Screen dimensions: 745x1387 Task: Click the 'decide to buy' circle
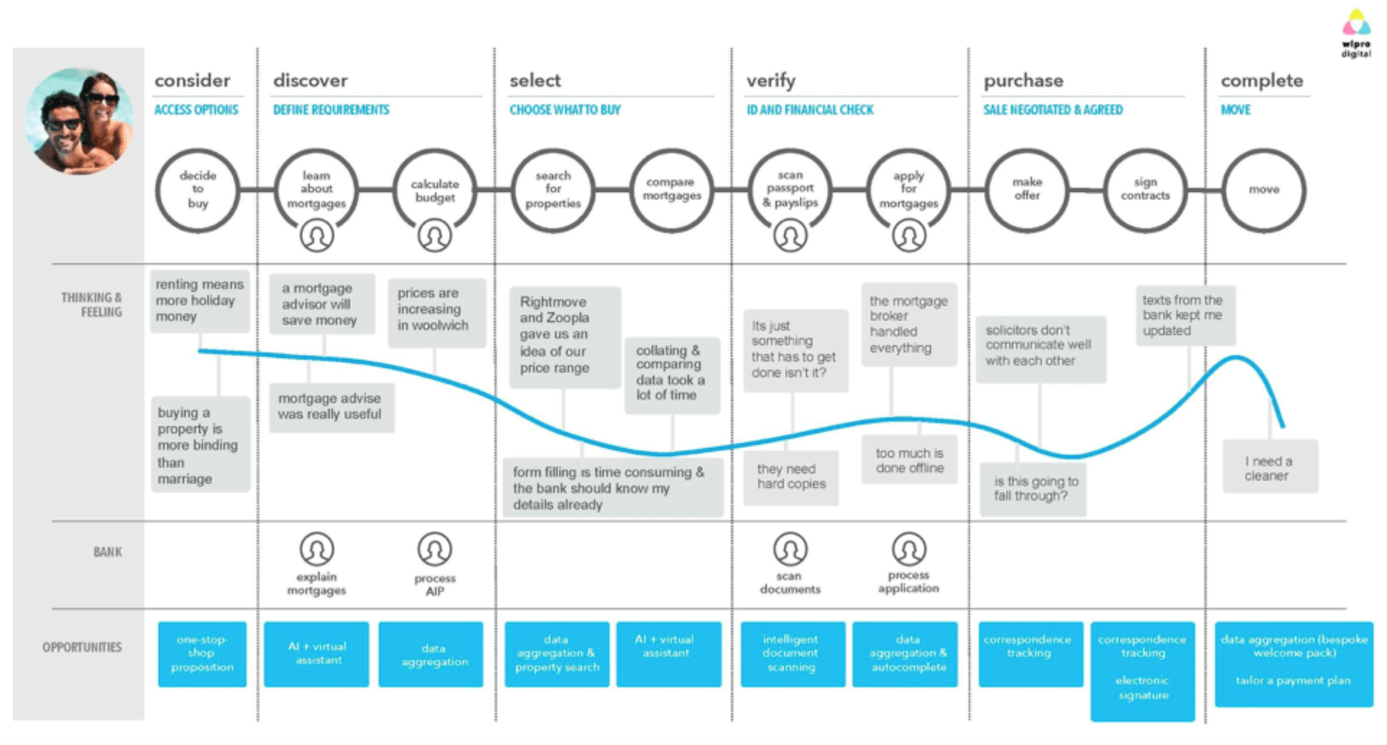197,190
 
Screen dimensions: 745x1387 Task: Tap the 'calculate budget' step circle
434,190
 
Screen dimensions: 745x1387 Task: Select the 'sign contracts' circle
1145,190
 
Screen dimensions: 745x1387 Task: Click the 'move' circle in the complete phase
1263,190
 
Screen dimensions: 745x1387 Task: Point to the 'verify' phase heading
771,80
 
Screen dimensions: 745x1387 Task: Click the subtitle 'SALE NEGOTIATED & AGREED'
1053,110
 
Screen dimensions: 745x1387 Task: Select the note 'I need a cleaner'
1269,468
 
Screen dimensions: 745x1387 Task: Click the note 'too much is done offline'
909,460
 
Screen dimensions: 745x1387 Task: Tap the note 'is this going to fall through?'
1034,489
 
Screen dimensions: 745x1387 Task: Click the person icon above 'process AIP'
434,549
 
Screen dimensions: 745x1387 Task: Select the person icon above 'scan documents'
790,549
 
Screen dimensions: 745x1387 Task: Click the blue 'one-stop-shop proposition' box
202,654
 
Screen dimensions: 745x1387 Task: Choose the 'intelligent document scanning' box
791,654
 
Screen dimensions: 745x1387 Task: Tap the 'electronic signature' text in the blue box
1142,687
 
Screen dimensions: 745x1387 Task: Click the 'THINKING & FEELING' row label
92,305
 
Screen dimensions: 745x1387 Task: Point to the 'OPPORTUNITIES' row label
82,647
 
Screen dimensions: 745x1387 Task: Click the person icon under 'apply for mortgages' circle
908,236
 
